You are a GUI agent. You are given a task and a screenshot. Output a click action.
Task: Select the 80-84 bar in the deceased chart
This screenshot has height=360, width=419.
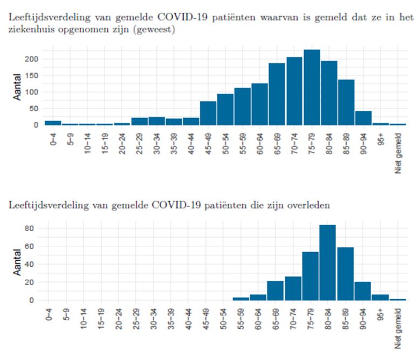pyautogui.click(x=328, y=262)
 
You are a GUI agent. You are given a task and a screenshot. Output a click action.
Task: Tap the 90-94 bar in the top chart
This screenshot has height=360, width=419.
pyautogui.click(x=363, y=118)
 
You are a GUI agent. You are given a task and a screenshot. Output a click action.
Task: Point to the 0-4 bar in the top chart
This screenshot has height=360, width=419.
pyautogui.click(x=53, y=122)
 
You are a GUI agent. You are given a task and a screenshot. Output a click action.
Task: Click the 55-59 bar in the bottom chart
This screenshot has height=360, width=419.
pyautogui.click(x=241, y=299)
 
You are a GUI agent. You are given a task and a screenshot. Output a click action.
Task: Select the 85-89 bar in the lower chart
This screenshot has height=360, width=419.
pyautogui.click(x=345, y=274)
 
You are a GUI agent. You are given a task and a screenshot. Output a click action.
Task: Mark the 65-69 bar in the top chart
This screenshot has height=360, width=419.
pyautogui.click(x=277, y=94)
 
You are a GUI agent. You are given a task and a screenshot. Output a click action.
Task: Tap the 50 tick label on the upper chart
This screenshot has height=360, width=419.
pyautogui.click(x=34, y=109)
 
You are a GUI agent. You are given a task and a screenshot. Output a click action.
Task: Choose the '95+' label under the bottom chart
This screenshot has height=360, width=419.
pyautogui.click(x=381, y=315)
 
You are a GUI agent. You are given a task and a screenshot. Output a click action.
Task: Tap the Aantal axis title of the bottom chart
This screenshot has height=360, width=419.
pyautogui.click(x=17, y=262)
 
